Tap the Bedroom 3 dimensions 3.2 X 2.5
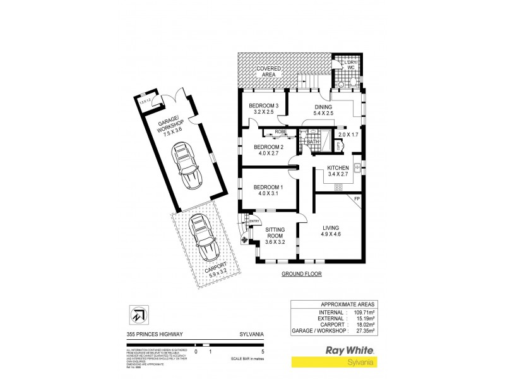(x=260, y=112)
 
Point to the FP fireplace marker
(x=357, y=200)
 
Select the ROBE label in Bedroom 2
(x=280, y=132)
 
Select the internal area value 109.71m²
(x=362, y=312)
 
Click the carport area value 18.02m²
(x=362, y=325)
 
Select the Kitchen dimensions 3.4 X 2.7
(x=338, y=174)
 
